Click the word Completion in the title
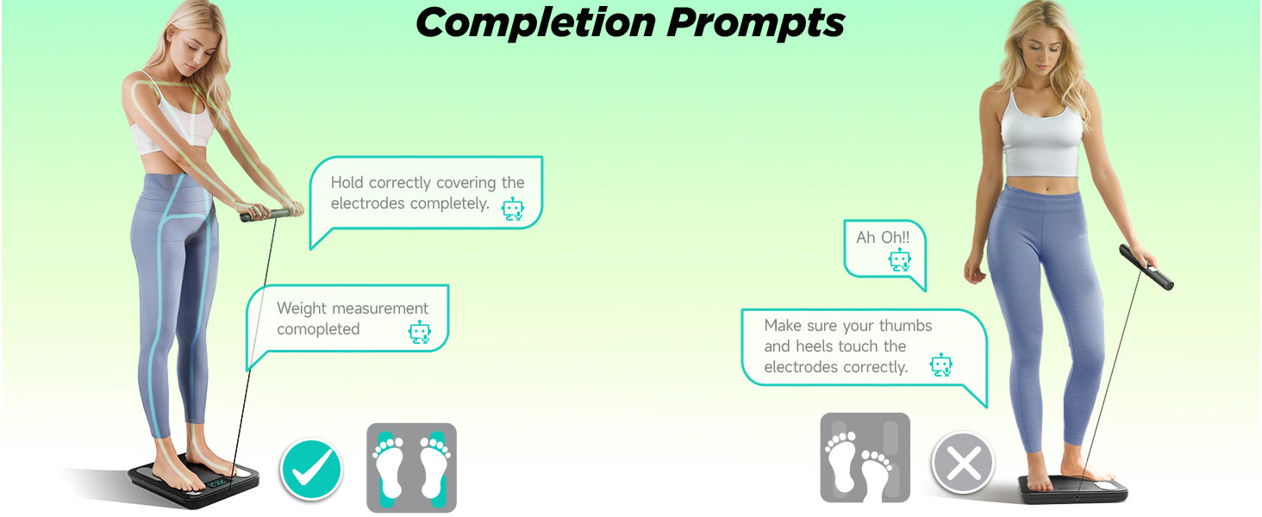[x=535, y=22]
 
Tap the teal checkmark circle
[x=310, y=469]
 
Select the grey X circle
[x=963, y=464]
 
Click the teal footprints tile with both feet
[x=411, y=467]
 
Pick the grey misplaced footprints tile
[x=865, y=458]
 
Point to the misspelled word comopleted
[x=318, y=329]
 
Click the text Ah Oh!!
[x=882, y=238]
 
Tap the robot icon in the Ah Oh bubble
[x=899, y=260]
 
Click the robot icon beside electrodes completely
[x=513, y=209]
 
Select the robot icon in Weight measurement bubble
[x=419, y=333]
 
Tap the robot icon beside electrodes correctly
[x=940, y=365]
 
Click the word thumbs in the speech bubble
[x=905, y=326]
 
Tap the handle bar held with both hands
[x=266, y=215]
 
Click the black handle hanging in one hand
[x=1146, y=267]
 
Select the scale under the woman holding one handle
[x=1073, y=489]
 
